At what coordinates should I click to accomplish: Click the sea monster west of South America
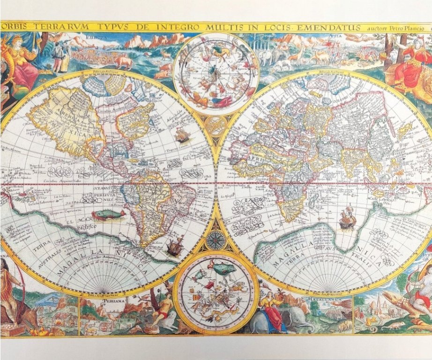click(108, 215)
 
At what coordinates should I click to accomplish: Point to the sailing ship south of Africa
click(347, 218)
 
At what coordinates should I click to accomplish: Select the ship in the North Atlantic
click(182, 135)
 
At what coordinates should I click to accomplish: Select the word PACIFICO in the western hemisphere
click(87, 227)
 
